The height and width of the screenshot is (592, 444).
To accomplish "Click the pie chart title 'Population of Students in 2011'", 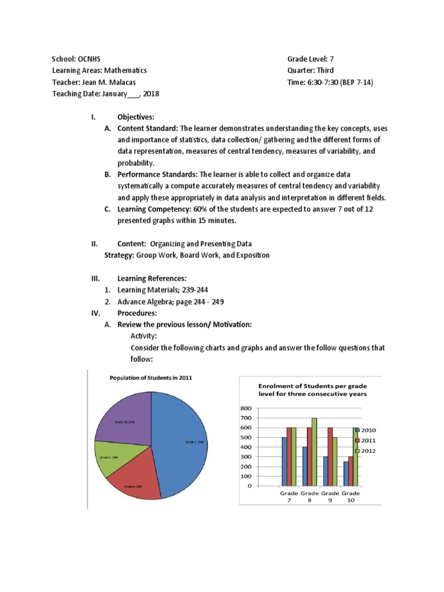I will point(151,378).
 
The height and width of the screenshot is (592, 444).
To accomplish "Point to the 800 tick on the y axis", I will point(246,408).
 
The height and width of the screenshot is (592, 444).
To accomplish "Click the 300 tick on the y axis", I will point(246,457).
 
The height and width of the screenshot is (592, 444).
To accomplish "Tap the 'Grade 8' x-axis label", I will point(309,497).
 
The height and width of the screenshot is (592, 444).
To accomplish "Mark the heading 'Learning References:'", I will point(152,278).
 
